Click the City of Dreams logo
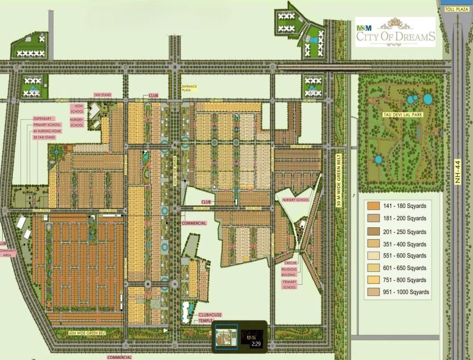(x=395, y=32)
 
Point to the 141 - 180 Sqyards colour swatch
(x=372, y=206)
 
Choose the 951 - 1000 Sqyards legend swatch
(x=372, y=292)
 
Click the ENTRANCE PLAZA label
(x=189, y=89)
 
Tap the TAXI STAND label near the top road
(x=102, y=95)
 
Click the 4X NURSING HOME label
(x=47, y=131)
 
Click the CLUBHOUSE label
(x=210, y=315)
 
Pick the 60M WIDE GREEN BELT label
(x=87, y=333)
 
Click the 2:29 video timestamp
(x=256, y=344)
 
